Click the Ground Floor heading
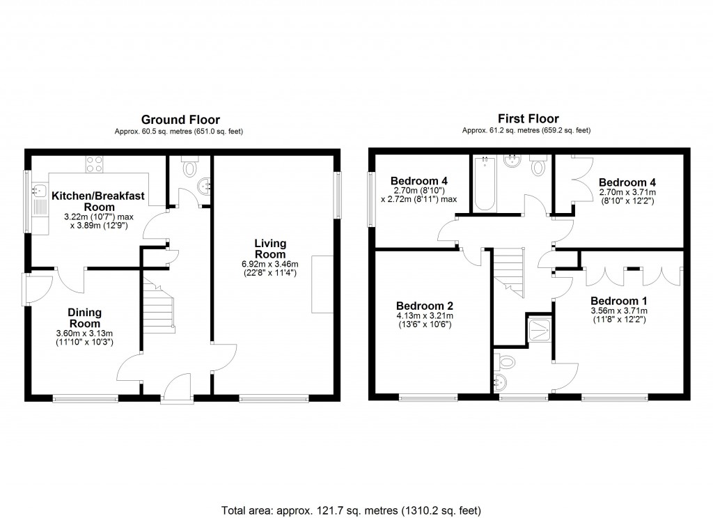(x=180, y=120)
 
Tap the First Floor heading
(x=528, y=119)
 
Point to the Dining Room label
(x=84, y=318)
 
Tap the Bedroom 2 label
(x=425, y=306)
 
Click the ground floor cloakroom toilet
(x=189, y=167)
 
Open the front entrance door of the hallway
(x=176, y=386)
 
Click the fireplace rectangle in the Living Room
(x=321, y=285)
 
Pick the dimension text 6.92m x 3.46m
(x=266, y=264)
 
